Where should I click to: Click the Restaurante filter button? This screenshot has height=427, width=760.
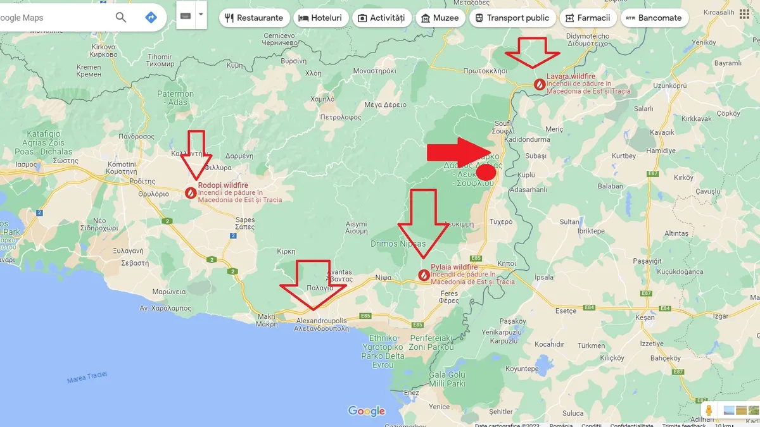pos(255,18)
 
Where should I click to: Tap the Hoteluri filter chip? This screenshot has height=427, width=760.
pos(321,18)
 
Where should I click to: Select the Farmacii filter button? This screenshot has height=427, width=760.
pos(587,18)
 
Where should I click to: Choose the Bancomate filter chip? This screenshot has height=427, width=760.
pos(654,18)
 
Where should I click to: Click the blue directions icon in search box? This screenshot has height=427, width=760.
pos(151,17)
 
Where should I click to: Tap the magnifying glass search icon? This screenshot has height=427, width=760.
pos(121,17)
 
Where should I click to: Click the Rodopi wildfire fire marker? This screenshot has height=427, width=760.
pos(191,192)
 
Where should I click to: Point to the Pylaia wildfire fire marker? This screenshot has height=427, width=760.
pos(424,275)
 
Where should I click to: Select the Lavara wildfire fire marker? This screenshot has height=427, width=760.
pos(539,84)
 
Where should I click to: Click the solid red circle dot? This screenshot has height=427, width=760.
pos(486,171)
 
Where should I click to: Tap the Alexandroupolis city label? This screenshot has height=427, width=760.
pos(322,321)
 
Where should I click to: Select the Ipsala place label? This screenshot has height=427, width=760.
pos(544,277)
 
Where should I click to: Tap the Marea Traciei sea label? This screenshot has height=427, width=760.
pos(87,378)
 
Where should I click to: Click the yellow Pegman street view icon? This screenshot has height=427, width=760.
pos(709,410)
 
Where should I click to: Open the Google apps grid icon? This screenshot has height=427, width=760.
pos(744,14)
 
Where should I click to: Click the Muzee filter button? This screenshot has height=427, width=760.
pos(439,18)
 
